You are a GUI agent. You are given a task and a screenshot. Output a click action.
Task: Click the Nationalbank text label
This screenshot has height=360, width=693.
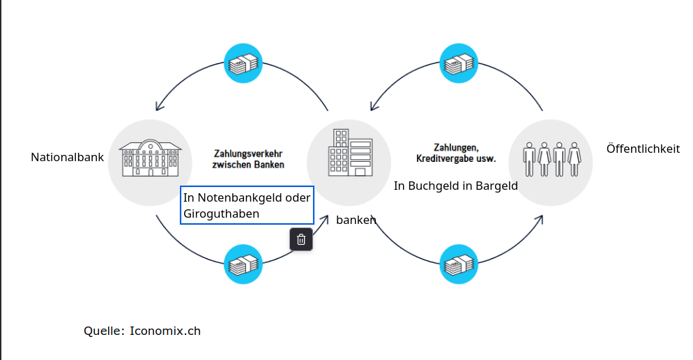click(67, 158)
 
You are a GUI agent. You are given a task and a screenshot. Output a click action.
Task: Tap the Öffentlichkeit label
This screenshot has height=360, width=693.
click(643, 149)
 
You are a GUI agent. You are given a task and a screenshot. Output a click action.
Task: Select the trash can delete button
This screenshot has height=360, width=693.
click(301, 239)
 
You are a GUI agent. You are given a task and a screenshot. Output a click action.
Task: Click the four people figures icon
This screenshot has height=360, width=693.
click(551, 160)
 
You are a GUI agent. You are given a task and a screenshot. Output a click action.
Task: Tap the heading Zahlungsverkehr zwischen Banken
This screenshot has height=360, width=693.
click(248, 159)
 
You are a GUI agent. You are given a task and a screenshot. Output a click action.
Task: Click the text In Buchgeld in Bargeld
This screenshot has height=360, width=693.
click(455, 186)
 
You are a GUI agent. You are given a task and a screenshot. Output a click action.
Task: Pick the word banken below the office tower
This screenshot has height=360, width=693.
click(356, 220)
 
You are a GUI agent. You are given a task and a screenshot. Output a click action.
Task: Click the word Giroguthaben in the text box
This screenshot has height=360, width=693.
click(221, 213)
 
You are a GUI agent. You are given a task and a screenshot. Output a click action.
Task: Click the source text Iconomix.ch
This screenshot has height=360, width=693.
click(165, 331)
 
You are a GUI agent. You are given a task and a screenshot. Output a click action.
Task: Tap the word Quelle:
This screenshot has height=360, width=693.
click(104, 331)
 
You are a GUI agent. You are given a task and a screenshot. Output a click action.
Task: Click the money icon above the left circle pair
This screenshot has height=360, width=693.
click(243, 63)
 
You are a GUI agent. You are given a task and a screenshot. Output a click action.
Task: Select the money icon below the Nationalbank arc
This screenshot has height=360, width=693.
click(243, 264)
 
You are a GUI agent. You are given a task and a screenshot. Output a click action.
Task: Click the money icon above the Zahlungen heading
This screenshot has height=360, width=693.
click(459, 63)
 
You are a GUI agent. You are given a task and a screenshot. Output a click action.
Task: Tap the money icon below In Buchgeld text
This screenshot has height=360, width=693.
click(459, 264)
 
